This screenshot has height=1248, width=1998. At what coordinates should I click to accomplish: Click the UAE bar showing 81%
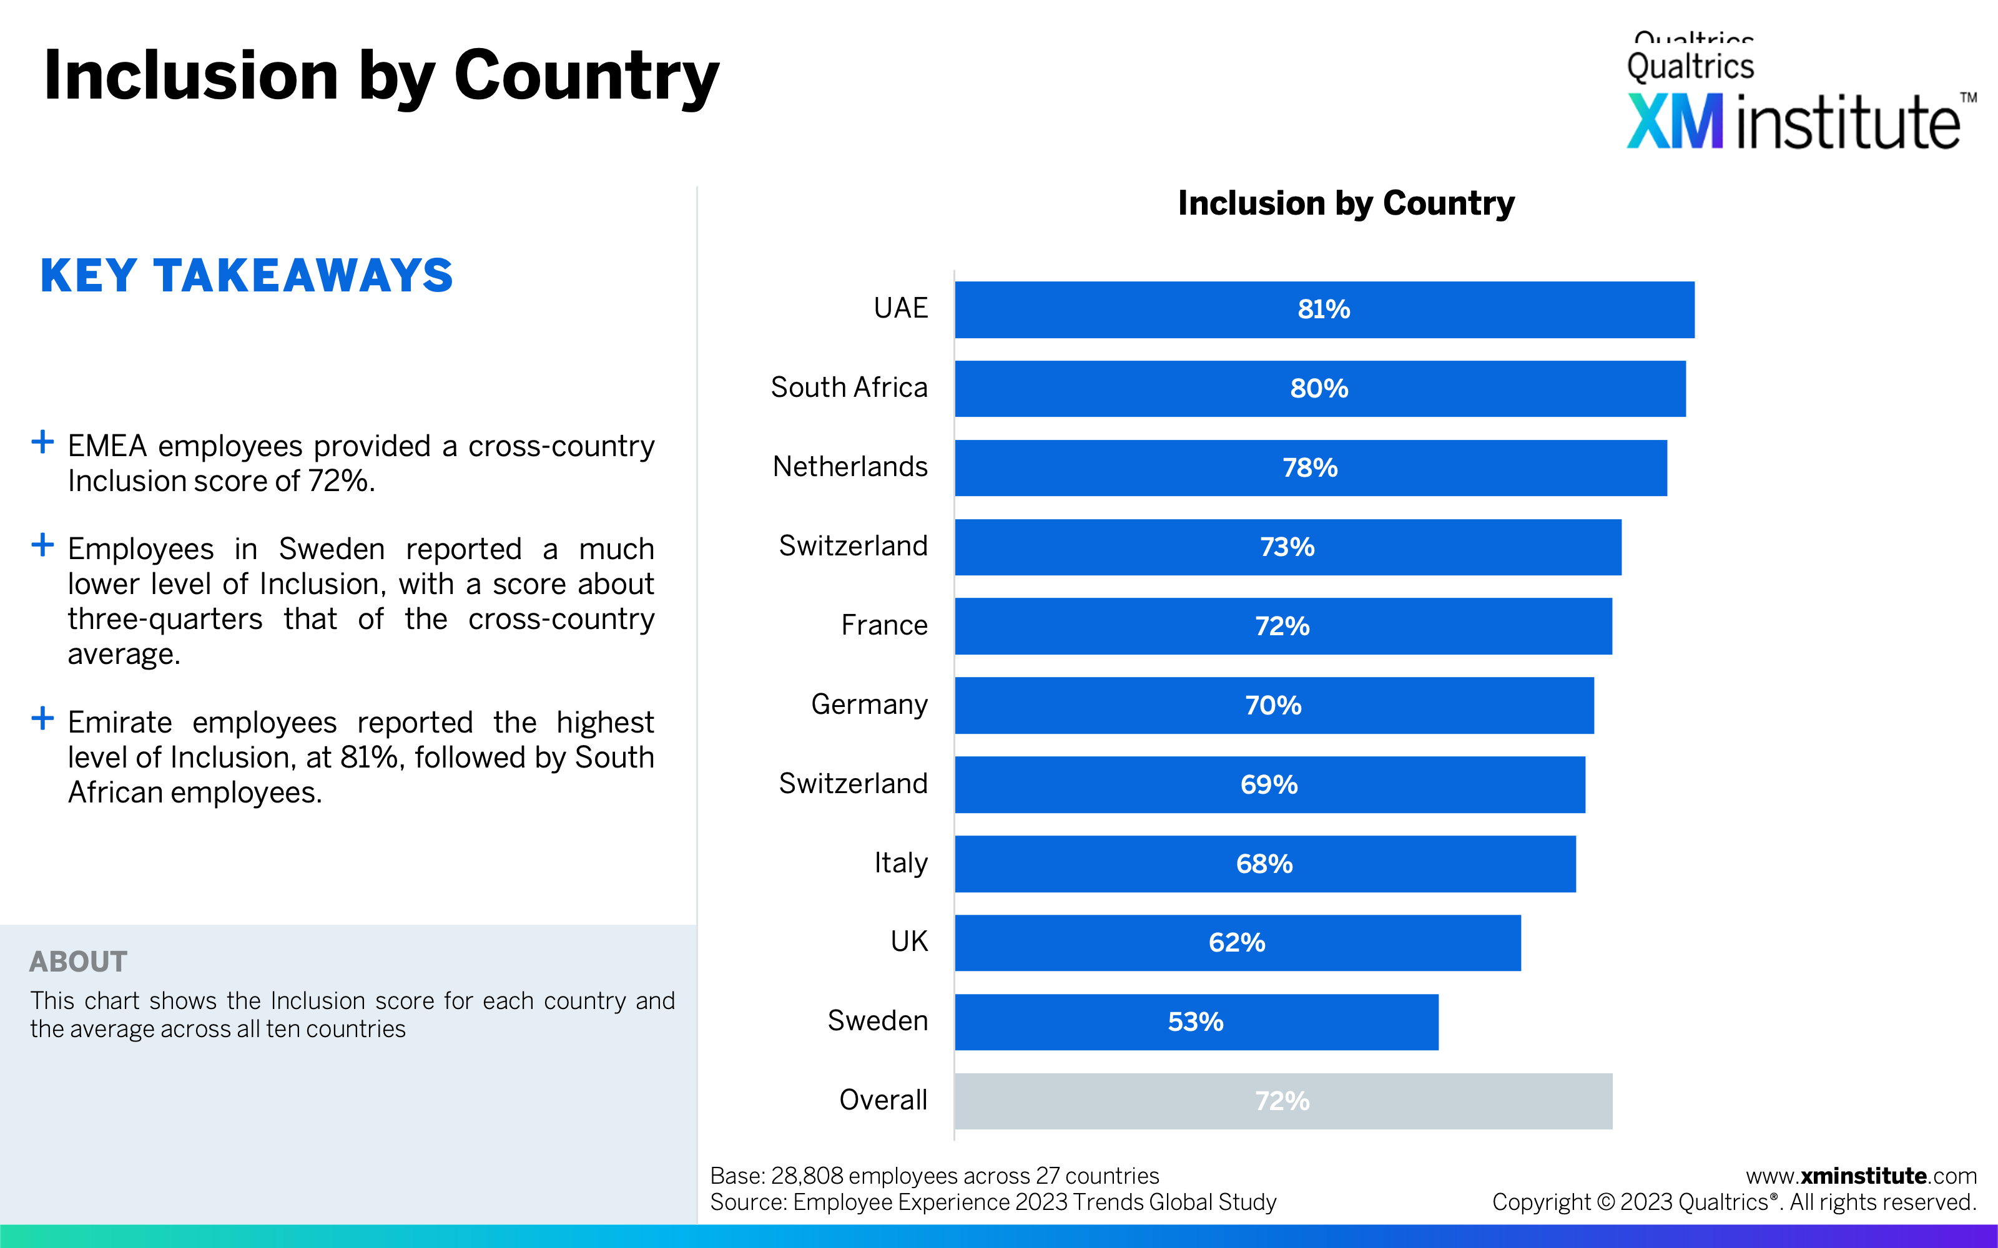point(1324,310)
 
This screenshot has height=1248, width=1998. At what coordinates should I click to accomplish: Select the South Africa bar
point(1319,389)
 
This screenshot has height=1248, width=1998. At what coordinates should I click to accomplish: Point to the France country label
point(883,626)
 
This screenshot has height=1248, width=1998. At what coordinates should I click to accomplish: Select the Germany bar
point(1273,706)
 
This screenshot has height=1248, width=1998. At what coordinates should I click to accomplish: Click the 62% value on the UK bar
point(1236,943)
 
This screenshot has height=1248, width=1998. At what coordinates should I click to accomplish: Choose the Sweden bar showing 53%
point(1196,1022)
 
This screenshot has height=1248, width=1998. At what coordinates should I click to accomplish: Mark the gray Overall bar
point(1282,1101)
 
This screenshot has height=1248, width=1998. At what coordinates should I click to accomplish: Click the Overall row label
point(883,1100)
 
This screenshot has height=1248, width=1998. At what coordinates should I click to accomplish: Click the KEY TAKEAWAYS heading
point(246,276)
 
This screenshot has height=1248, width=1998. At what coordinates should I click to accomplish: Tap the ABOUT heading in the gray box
point(79,962)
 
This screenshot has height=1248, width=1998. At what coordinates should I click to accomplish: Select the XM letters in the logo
point(1675,122)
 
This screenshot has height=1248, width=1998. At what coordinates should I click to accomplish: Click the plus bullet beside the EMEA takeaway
point(42,442)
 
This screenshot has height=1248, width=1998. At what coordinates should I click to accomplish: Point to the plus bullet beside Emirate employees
point(42,718)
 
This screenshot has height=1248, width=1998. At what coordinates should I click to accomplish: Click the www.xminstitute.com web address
point(1861,1176)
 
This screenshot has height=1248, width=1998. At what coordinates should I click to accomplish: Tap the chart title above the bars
point(1346,203)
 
